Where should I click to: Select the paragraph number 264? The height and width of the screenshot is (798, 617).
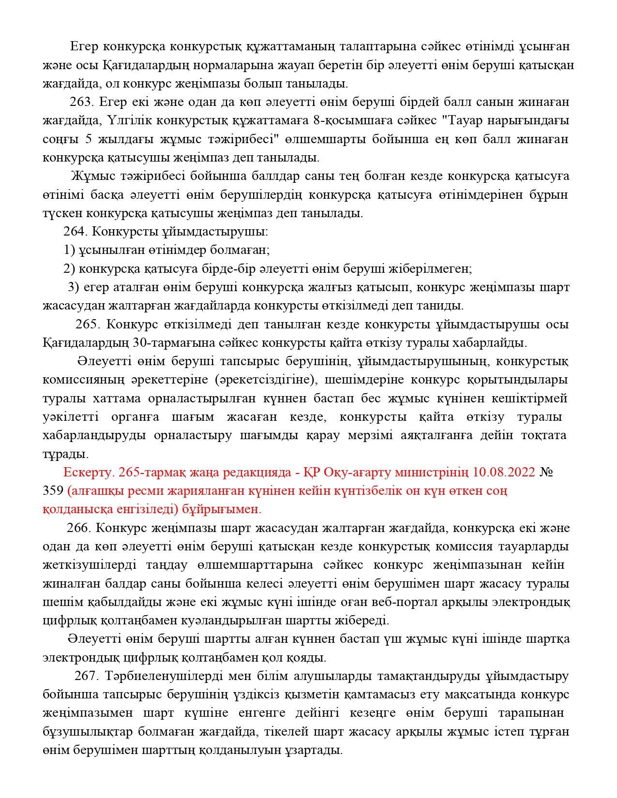point(75,232)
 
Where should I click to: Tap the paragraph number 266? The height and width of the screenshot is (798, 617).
point(77,528)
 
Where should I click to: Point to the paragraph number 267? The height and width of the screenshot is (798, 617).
point(87,676)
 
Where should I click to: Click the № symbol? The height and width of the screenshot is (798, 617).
point(546,472)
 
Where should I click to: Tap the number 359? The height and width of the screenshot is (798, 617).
point(53,491)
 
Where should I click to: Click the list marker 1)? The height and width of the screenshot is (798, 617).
point(70,250)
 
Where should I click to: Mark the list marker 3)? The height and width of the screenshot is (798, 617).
point(73,287)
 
